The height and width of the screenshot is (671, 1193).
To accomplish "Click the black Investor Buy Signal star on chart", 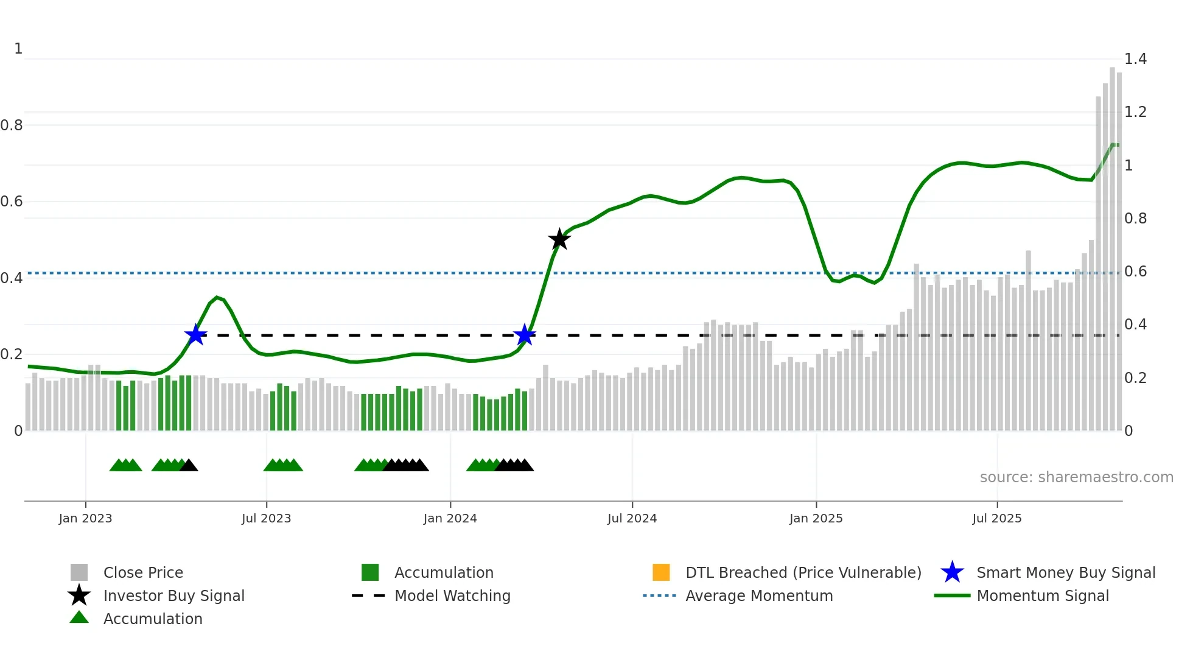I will pos(559,239).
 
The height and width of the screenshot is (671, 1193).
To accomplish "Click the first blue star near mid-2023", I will pos(195,335).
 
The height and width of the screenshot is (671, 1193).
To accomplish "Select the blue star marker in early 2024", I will pos(524,335).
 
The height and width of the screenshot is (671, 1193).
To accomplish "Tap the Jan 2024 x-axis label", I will pos(450,518).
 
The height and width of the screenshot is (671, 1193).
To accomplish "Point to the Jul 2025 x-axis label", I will pos(996,518).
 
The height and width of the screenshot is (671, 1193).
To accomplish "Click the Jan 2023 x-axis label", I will pos(85,518).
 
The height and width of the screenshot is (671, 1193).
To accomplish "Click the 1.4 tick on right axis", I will pos(1135,59).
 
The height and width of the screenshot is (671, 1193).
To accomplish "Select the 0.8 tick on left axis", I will pos(12,125).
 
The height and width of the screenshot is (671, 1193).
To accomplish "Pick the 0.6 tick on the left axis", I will pos(12,202).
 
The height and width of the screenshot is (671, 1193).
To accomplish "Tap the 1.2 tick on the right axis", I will pos(1135,112).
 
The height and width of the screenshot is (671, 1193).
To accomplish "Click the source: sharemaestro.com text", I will pos(1076,477).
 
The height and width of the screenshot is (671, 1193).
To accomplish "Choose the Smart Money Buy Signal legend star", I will pos(952,572).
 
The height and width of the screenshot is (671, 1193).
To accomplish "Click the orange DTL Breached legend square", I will pos(661,572).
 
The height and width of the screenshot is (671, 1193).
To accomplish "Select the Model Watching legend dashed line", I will pos(368,595).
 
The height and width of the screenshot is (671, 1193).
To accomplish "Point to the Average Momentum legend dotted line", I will pos(659,595).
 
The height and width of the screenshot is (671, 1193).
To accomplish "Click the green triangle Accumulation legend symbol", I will pos(79,618).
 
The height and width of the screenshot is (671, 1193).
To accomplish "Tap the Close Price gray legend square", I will pos(79,572).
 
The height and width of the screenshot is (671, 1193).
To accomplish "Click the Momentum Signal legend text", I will pos(1043,595).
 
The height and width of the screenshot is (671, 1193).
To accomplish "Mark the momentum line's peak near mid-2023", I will pos(217,297).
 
